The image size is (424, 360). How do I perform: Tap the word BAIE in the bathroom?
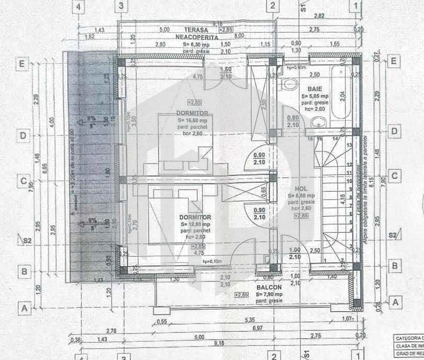[x=314, y=89]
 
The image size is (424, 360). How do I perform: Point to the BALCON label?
[x=269, y=287]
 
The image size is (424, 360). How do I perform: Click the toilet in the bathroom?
[x=287, y=84]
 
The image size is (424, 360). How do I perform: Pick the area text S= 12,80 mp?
[x=195, y=224]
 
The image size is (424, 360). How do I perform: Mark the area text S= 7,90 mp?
[x=269, y=294]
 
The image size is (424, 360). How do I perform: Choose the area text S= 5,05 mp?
[x=314, y=96]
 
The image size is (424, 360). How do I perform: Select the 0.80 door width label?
[x=293, y=118]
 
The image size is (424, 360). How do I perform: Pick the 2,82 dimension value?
[x=319, y=17]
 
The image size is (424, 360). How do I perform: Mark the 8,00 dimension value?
[x=239, y=36]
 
